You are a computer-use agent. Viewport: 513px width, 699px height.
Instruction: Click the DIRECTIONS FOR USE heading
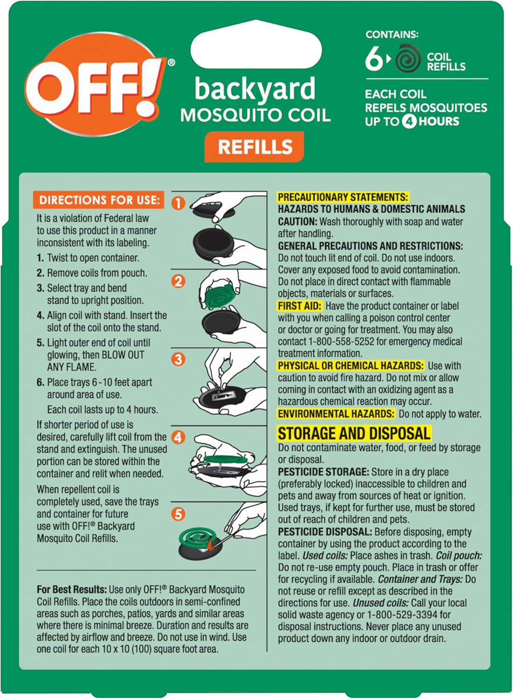(x=99, y=200)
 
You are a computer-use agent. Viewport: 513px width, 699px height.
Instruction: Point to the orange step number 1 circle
(x=178, y=203)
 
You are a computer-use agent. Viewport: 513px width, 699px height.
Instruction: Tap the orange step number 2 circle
(x=178, y=281)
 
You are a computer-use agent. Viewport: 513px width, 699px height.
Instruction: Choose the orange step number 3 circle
(x=178, y=359)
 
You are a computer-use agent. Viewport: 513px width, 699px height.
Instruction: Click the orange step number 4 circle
(x=178, y=437)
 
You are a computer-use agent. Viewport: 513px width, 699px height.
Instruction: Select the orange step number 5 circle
(x=178, y=514)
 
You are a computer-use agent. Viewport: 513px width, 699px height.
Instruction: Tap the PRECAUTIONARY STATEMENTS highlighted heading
(x=342, y=197)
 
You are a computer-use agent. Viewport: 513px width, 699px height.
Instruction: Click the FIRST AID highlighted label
(x=300, y=306)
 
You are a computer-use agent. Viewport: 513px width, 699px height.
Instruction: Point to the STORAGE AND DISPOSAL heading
(x=354, y=433)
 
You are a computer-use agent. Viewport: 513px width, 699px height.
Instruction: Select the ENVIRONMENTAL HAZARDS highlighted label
(x=336, y=414)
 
